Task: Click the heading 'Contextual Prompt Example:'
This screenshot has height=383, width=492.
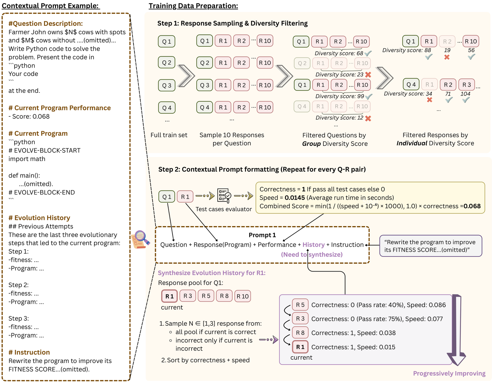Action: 51,6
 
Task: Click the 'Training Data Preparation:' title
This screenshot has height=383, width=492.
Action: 193,6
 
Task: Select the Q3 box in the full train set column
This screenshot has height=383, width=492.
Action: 167,85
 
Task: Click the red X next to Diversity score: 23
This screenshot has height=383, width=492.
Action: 368,74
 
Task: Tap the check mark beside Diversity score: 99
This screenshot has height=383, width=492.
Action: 369,96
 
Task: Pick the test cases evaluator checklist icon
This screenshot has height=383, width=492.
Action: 224,196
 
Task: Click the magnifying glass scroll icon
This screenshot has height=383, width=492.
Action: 141,240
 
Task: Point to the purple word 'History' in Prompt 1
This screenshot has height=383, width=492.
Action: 313,244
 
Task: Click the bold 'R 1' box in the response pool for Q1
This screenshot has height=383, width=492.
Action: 169,296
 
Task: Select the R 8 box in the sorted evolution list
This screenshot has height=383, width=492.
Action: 300,333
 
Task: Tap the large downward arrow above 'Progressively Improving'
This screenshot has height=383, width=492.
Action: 456,330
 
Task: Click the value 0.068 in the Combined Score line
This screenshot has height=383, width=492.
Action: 472,206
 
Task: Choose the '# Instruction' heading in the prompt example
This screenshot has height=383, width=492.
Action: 29,352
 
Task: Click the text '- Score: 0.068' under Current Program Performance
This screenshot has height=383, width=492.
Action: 29,116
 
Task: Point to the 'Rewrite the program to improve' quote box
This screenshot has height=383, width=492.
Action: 430,246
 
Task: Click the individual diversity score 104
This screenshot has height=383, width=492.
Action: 465,94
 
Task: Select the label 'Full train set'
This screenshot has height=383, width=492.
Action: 169,135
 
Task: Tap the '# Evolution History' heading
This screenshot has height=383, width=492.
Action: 39,218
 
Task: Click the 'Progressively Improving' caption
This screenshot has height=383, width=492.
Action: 449,373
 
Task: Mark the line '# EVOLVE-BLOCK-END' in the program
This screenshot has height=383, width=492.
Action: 42,192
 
